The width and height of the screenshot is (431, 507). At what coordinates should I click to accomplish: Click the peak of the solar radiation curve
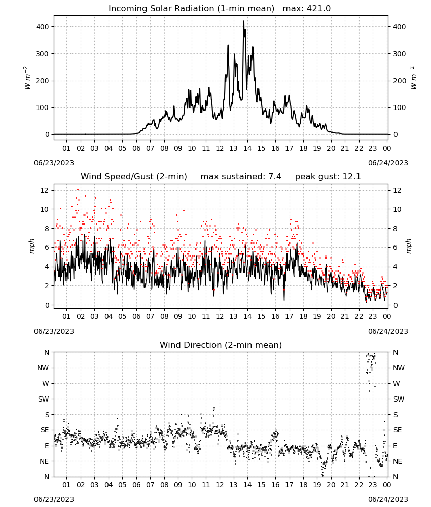pos(244,21)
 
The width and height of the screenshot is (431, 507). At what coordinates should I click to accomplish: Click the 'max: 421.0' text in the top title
pos(307,9)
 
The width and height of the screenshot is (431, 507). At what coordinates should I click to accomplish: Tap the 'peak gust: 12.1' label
pos(328,177)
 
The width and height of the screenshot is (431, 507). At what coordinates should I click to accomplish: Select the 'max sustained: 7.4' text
pos(241,177)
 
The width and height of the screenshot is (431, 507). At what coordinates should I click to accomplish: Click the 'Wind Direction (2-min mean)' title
pos(221,345)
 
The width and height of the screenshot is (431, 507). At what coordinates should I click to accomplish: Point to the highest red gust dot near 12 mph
pos(78,190)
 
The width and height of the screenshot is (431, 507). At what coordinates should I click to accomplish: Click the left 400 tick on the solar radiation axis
pos(43,27)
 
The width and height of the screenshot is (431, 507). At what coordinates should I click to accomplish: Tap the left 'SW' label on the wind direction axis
pos(43,399)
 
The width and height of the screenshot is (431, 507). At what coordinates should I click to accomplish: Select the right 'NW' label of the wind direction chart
pos(399,368)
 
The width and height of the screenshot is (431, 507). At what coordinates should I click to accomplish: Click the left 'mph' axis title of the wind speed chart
pos(31,246)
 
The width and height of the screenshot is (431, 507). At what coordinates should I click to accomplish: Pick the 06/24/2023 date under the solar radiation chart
pos(388,163)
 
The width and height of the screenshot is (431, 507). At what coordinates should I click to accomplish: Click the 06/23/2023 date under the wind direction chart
pos(54,499)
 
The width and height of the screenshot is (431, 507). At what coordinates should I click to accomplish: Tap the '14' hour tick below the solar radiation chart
pos(247,148)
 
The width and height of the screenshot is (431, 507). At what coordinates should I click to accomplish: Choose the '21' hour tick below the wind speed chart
pos(345,316)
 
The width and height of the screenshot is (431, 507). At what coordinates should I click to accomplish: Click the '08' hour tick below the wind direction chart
pos(164,485)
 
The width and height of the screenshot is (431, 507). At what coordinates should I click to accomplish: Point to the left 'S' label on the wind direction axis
pos(47,415)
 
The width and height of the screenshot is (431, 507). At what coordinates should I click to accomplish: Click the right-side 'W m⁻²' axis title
pos(414,78)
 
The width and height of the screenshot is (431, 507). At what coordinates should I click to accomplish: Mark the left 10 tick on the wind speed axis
pos(45,209)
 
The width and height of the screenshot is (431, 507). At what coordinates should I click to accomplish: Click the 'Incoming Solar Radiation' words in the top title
pos(161,9)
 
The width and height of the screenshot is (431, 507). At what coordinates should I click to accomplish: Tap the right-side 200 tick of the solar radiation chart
pos(400,81)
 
